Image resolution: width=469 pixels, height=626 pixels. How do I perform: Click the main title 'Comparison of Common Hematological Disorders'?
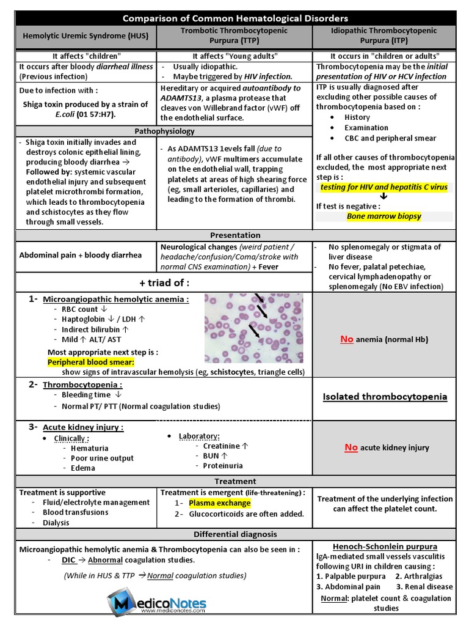[235, 18]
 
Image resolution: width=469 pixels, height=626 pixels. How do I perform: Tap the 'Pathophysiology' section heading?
[164, 131]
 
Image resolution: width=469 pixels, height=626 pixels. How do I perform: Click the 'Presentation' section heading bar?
[235, 235]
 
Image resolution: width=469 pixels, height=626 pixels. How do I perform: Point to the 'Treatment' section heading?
[235, 481]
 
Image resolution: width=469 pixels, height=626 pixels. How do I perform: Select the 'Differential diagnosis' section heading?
[235, 534]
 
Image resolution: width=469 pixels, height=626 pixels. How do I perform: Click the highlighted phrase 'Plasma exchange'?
[219, 503]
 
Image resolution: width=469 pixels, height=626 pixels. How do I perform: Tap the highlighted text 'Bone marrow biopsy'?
[384, 216]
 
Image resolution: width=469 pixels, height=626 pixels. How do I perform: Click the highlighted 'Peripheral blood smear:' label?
[90, 362]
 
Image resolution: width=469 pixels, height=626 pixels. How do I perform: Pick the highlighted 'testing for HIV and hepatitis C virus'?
[384, 187]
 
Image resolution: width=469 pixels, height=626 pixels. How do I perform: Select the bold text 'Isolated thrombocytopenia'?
[385, 397]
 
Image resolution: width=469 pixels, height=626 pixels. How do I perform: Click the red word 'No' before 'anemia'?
[346, 339]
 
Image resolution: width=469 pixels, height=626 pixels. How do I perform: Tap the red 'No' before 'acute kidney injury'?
[351, 447]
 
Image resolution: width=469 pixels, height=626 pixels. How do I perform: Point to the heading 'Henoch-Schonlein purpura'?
[385, 547]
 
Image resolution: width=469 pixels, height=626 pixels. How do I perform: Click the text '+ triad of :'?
[164, 282]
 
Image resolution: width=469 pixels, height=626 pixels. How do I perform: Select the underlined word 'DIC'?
[69, 560]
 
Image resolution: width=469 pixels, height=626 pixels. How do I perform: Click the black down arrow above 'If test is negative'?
[384, 196]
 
